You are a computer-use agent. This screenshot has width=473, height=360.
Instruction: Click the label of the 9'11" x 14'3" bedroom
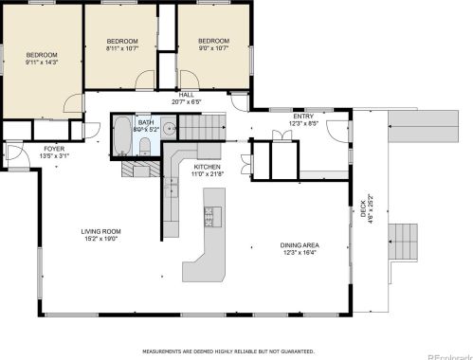[41, 59]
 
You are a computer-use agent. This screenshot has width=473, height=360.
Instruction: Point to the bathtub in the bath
[123, 136]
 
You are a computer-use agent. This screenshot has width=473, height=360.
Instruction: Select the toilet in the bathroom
[144, 145]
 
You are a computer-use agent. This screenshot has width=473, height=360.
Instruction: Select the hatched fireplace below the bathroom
[139, 168]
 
